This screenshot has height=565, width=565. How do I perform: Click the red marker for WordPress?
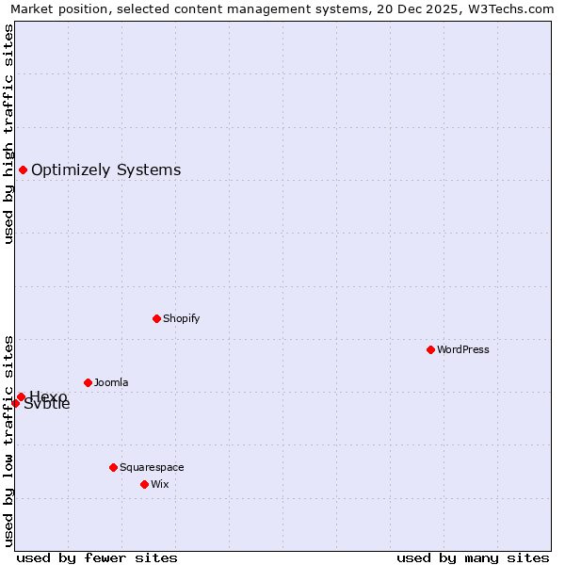pyautogui.click(x=430, y=349)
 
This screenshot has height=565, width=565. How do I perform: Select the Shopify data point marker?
pyautogui.click(x=156, y=318)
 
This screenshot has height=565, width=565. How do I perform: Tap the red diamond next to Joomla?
pyautogui.click(x=88, y=382)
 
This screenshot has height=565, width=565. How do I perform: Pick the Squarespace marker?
pyautogui.click(x=113, y=467)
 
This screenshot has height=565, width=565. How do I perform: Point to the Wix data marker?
pyautogui.click(x=144, y=484)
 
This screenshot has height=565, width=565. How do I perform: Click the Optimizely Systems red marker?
pyautogui.click(x=23, y=169)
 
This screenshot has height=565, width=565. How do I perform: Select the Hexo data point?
pyautogui.click(x=21, y=396)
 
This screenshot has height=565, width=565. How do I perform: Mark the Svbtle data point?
pyautogui.click(x=15, y=403)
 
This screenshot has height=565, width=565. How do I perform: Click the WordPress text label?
pyautogui.click(x=463, y=349)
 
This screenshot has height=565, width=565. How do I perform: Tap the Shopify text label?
pyautogui.click(x=182, y=318)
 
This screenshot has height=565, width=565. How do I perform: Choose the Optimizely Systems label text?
pyautogui.click(x=105, y=169)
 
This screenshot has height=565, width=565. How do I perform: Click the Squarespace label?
pyautogui.click(x=152, y=467)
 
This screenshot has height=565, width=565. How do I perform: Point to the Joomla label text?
pyautogui.click(x=111, y=382)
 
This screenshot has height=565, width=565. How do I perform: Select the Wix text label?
pyautogui.click(x=160, y=484)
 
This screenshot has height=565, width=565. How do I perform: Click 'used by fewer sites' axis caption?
pyautogui.click(x=97, y=557)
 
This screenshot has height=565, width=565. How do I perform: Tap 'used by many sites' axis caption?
pyautogui.click(x=473, y=557)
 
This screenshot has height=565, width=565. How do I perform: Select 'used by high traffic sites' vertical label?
pyautogui.click(x=9, y=134)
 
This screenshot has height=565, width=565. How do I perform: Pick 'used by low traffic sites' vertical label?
pyautogui.click(x=9, y=440)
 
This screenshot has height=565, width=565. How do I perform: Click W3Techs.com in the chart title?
pyautogui.click(x=511, y=8)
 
